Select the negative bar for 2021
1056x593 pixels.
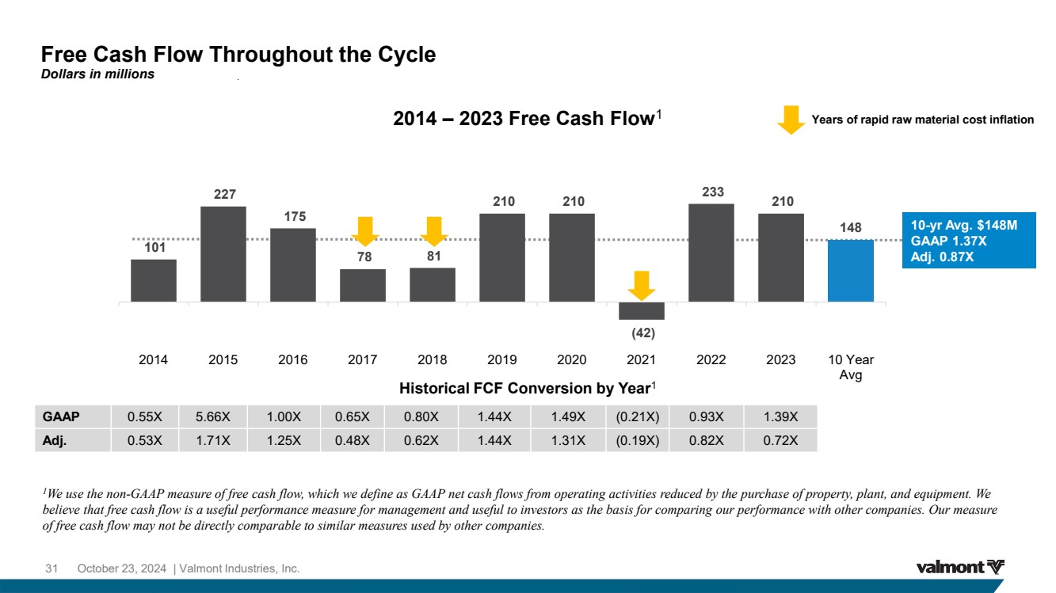(x=642, y=310)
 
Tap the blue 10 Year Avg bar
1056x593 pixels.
(x=850, y=270)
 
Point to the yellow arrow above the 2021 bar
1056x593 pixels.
(x=642, y=285)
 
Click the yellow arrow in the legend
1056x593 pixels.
(x=790, y=120)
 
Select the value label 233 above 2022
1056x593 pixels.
(x=712, y=192)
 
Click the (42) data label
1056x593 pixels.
(x=642, y=333)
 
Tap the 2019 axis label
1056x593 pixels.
(x=502, y=359)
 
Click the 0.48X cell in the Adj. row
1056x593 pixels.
(x=353, y=440)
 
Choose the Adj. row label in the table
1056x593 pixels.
(x=55, y=440)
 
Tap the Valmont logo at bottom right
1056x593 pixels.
(x=960, y=567)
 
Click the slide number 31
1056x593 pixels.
(x=52, y=568)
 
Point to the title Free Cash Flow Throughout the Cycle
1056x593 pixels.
(x=238, y=55)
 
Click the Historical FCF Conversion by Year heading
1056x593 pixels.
(x=528, y=389)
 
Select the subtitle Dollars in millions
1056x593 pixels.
(x=97, y=74)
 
